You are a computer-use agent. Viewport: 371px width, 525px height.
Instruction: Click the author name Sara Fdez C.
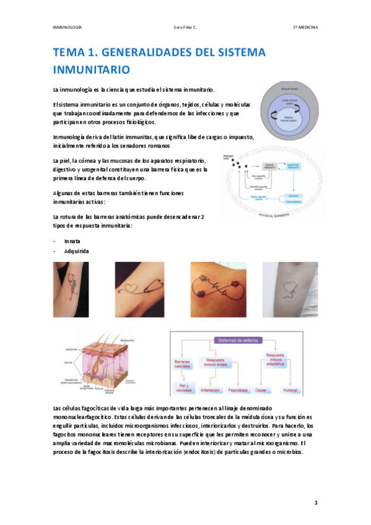click(185, 28)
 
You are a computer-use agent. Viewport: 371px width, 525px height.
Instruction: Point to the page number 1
click(315, 503)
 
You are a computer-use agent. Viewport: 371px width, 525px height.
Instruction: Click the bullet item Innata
click(72, 241)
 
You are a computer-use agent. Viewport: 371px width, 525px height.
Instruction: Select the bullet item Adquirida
click(77, 251)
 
